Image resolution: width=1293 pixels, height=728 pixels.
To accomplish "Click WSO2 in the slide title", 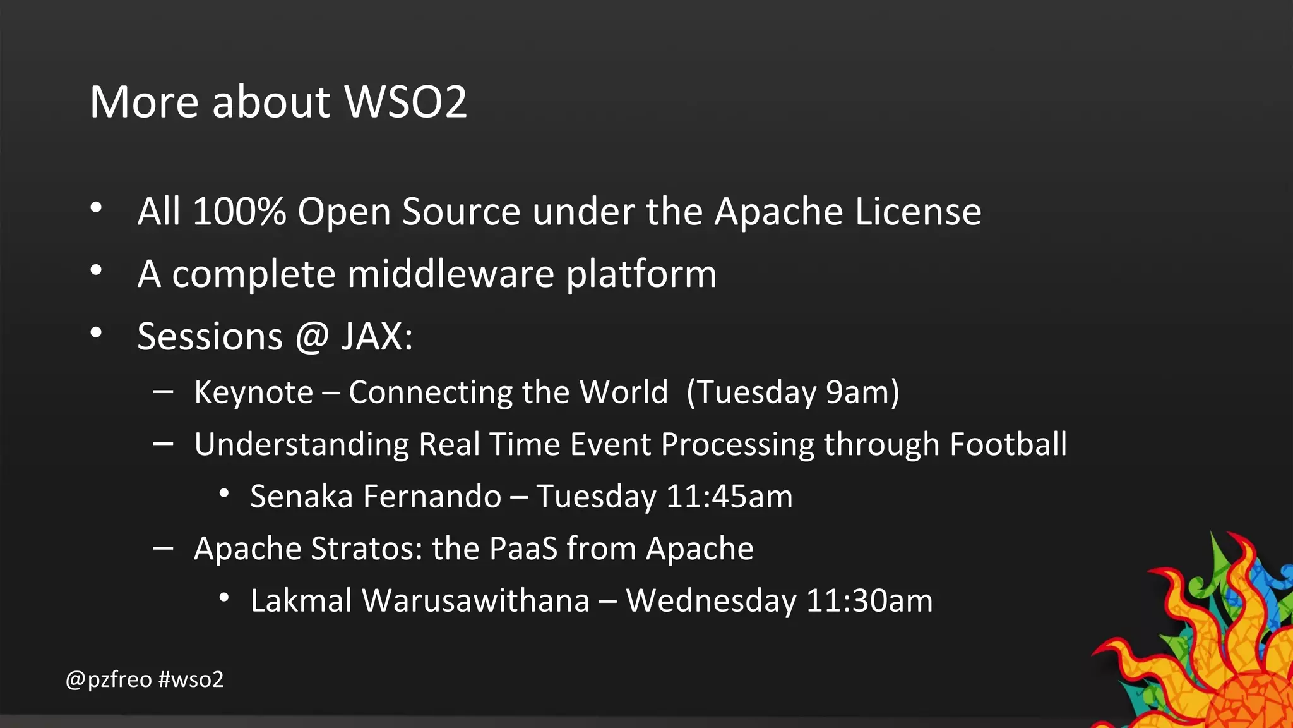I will click(405, 102).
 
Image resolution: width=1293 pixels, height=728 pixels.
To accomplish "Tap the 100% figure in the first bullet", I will click(239, 211).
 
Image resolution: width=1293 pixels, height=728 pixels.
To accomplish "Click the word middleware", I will click(450, 274).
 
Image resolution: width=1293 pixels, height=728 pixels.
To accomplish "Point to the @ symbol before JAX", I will click(312, 337).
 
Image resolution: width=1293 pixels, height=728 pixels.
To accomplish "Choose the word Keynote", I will click(253, 392).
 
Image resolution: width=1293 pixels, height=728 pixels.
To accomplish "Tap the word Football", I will click(1008, 444).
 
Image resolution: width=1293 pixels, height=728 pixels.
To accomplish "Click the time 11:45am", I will click(729, 497).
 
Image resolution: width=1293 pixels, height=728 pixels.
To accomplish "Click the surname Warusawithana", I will click(475, 601).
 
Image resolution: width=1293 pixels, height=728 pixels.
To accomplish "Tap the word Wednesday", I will click(711, 601).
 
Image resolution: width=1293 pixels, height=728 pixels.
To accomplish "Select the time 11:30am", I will click(869, 601).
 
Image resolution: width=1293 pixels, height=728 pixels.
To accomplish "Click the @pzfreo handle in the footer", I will click(109, 680).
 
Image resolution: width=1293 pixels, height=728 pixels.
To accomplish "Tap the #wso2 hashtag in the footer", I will click(191, 680).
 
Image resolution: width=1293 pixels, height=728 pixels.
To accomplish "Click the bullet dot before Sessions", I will click(96, 332).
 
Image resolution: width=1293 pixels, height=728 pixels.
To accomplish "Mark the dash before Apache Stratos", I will click(163, 548).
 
